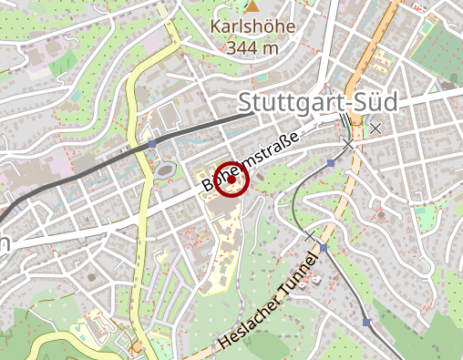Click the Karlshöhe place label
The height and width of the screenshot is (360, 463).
[x=252, y=26]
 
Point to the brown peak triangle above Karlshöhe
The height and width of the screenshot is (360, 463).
[x=252, y=7]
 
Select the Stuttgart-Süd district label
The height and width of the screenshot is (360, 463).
[x=318, y=102]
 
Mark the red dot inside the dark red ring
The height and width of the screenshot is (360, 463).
[x=232, y=180]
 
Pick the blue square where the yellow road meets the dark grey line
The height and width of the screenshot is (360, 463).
[x=153, y=144]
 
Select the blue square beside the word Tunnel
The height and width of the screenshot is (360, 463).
[x=324, y=247]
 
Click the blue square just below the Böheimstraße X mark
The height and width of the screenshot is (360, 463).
[x=331, y=162]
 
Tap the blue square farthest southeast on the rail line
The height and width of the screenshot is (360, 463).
[x=366, y=322]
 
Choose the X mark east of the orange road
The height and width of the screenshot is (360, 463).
[x=375, y=129]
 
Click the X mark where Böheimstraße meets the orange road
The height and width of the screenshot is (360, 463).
[x=347, y=143]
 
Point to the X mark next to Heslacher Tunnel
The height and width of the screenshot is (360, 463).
[x=310, y=236]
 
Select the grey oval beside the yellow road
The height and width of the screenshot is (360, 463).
[x=164, y=169]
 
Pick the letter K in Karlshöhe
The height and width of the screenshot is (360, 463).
[x=216, y=26]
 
